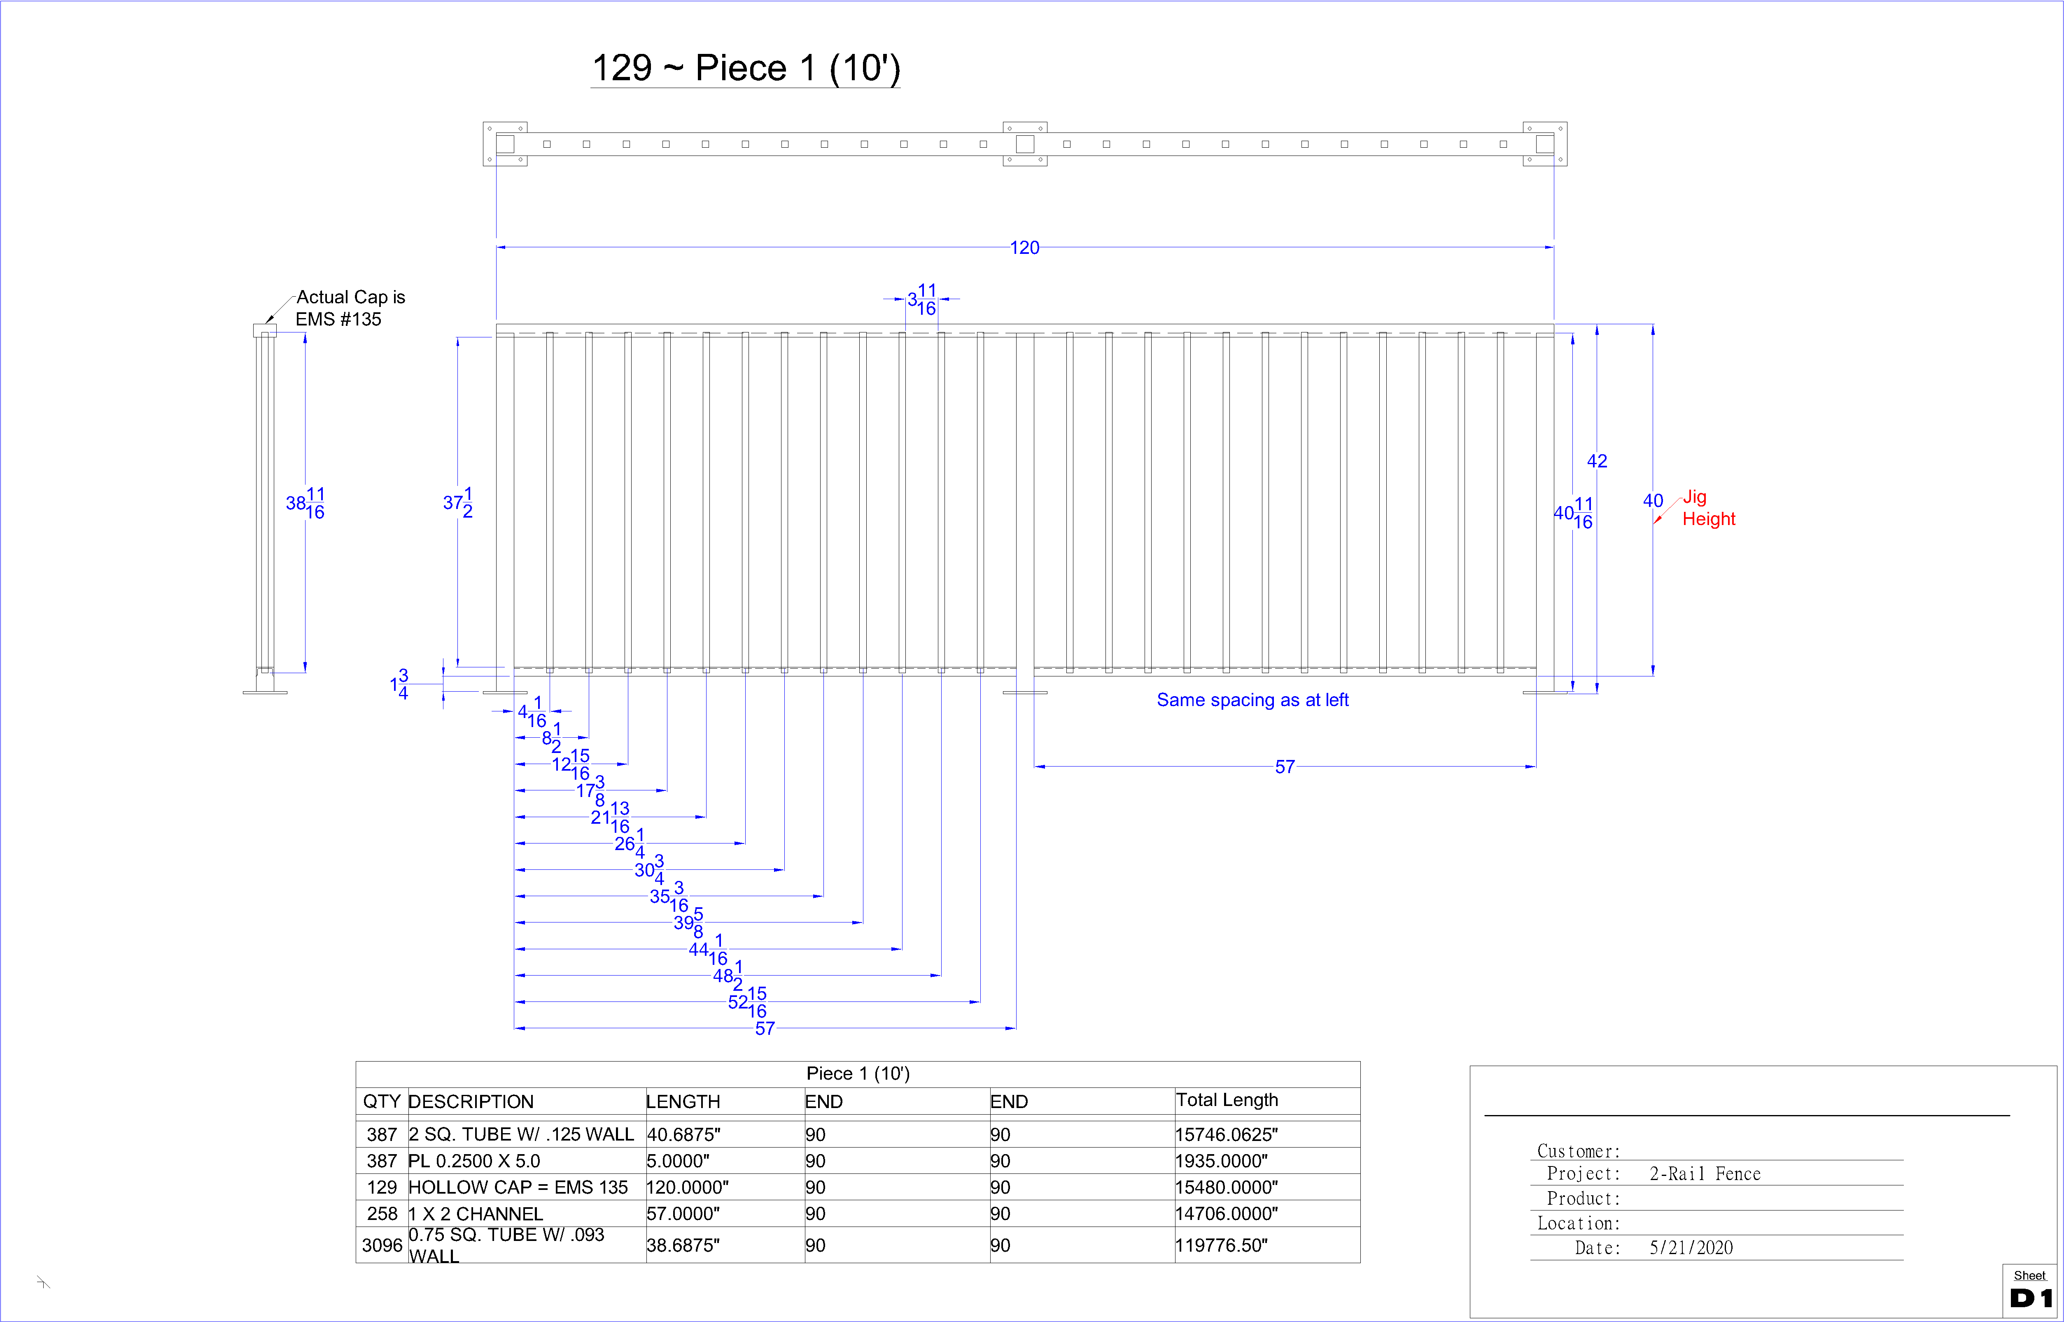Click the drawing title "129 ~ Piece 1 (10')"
tap(746, 68)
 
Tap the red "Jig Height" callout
tap(1707, 508)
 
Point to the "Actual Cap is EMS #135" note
tap(350, 308)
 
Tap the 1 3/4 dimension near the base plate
tap(399, 684)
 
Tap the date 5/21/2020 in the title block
tap(1691, 1248)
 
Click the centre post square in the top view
tap(1025, 144)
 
